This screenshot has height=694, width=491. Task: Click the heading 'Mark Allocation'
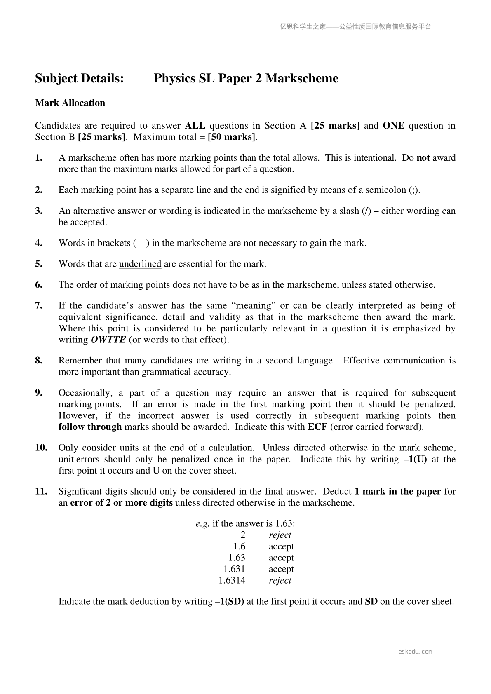70,103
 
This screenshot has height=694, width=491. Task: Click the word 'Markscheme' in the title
302,78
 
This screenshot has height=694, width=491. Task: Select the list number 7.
39,306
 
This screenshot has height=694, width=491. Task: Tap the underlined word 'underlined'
140,264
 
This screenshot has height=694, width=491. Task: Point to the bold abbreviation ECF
317,427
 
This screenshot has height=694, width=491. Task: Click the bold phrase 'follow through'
90,427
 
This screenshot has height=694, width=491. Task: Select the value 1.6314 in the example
232,581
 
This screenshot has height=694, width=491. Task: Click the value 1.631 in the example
234,569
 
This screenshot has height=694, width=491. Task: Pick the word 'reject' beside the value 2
280,535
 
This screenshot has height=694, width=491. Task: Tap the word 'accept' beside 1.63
281,558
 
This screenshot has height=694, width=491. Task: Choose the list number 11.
41,491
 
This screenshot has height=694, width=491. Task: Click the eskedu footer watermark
415,652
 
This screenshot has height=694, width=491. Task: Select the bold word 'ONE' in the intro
394,126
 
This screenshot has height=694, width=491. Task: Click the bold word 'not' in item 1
423,158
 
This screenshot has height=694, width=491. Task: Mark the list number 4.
39,243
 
